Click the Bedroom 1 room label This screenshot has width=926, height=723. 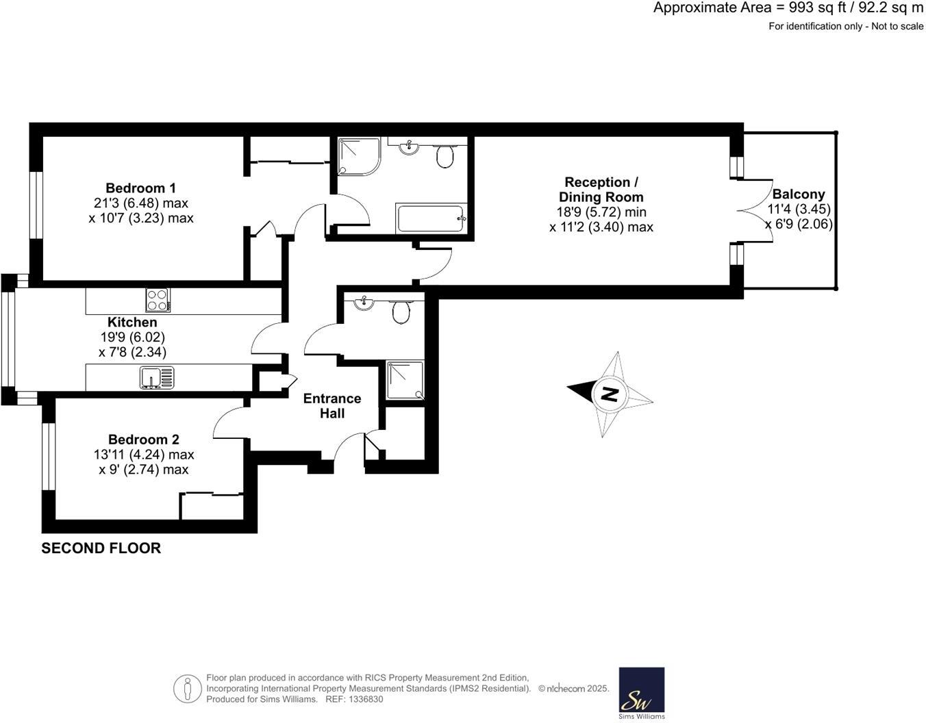coord(140,188)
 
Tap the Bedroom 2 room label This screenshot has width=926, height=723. coord(144,440)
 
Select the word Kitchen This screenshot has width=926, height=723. coord(132,322)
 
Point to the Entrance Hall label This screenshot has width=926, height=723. coord(332,406)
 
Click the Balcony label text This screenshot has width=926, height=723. coord(799,194)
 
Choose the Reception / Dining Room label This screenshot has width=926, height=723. coord(601,190)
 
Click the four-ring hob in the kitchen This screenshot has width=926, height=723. coord(158,300)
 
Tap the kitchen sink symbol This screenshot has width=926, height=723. coord(157,377)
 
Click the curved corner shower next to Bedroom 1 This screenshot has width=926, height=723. coord(358,155)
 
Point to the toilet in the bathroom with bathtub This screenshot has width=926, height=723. coord(445,157)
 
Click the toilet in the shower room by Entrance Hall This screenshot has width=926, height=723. coord(401,312)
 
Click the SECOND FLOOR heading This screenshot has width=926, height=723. coord(101,548)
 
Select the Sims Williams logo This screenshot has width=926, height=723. coord(642,693)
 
